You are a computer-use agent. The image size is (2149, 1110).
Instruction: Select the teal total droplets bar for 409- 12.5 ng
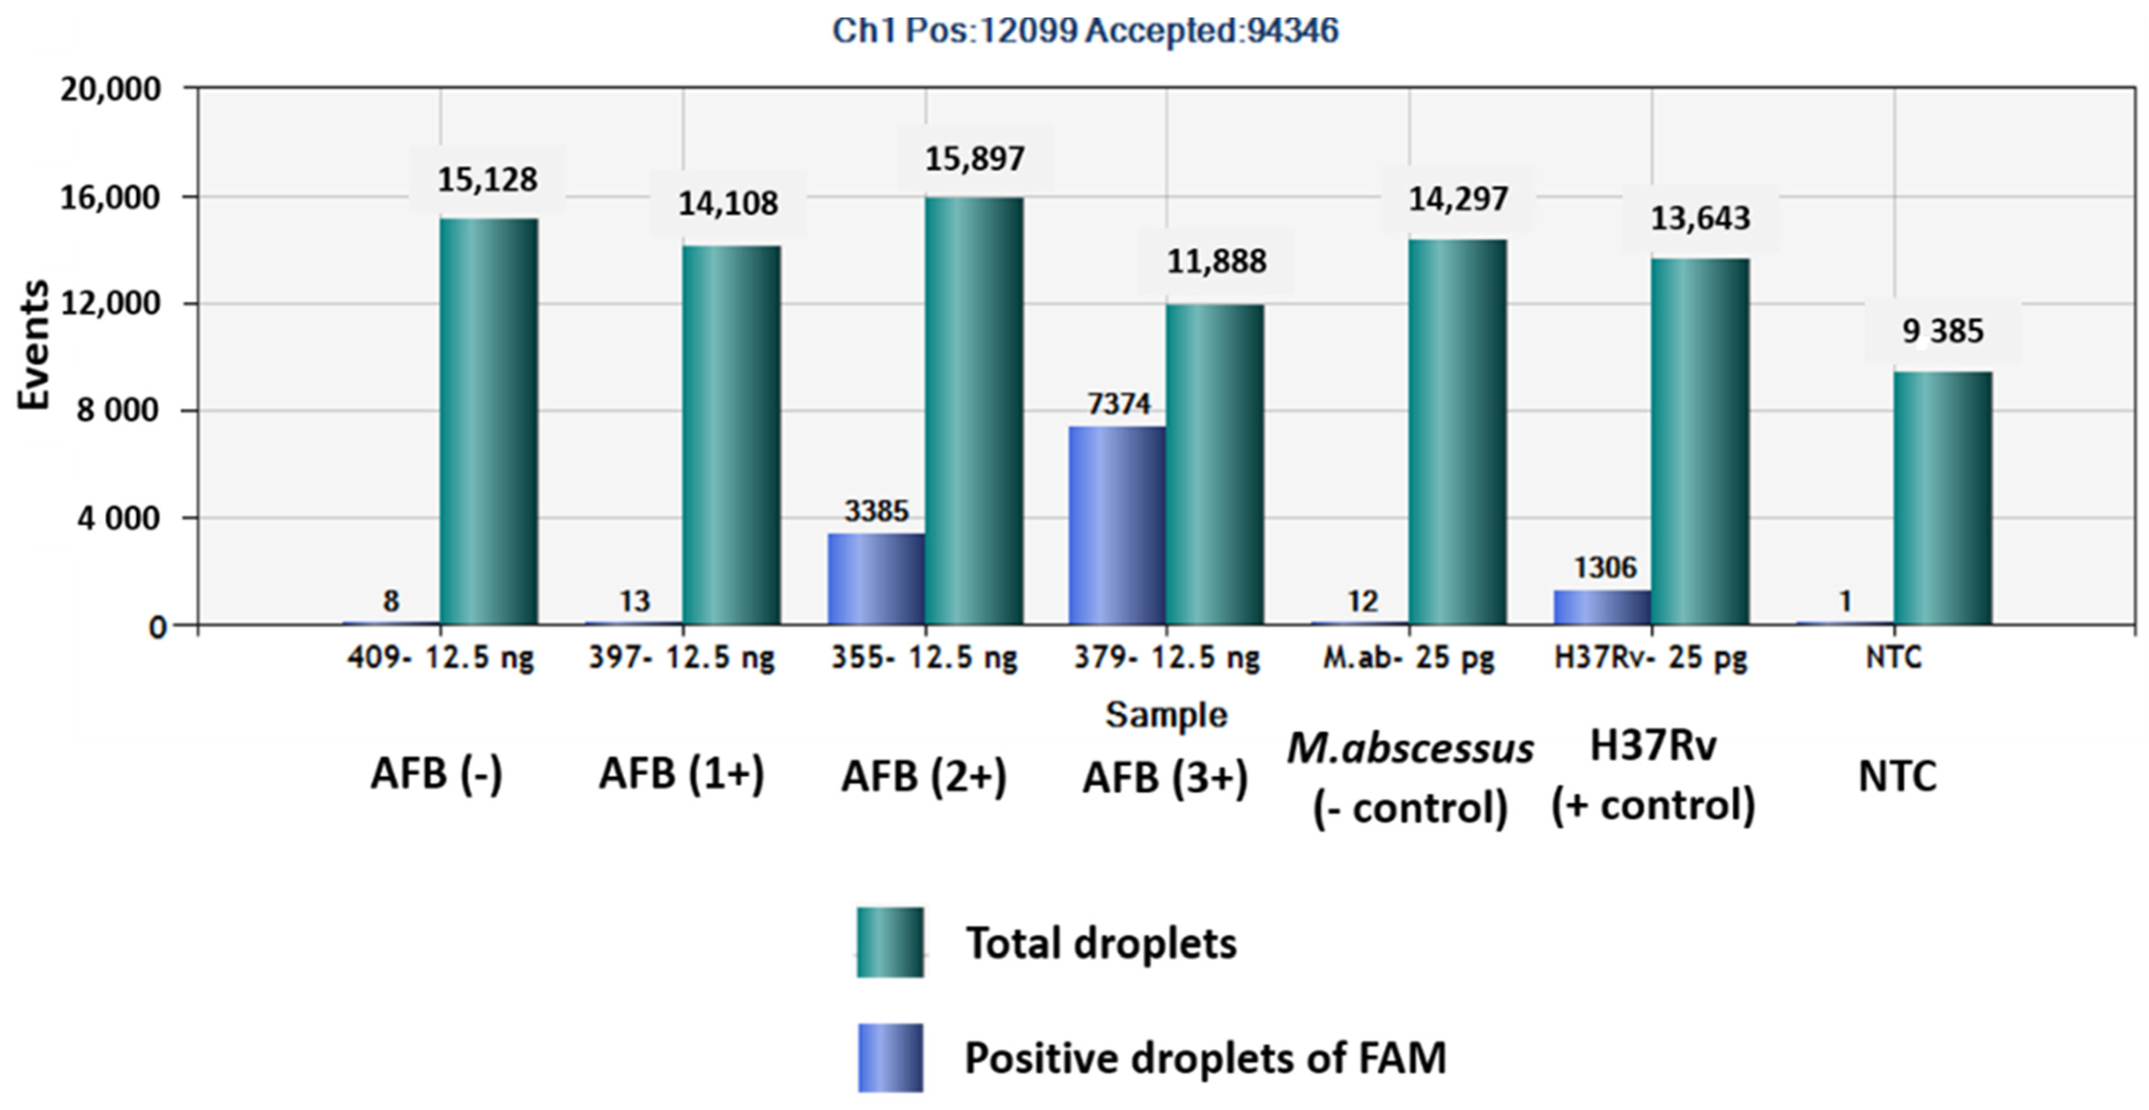[489, 421]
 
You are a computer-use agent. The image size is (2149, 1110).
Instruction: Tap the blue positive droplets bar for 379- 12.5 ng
[1117, 525]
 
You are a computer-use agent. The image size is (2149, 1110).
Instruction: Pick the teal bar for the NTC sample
[1943, 498]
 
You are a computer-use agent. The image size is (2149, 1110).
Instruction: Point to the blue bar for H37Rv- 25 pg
[1602, 607]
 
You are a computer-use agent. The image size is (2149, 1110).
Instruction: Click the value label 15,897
[975, 158]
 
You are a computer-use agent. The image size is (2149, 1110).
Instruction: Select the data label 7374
[1119, 405]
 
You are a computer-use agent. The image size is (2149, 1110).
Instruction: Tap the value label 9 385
[1943, 332]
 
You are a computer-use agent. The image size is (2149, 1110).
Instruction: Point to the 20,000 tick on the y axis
[110, 89]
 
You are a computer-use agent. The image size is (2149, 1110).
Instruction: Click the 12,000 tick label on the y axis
[110, 304]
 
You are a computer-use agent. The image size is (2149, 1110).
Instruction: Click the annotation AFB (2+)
[924, 777]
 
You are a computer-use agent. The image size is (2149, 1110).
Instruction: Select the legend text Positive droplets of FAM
[1206, 1058]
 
